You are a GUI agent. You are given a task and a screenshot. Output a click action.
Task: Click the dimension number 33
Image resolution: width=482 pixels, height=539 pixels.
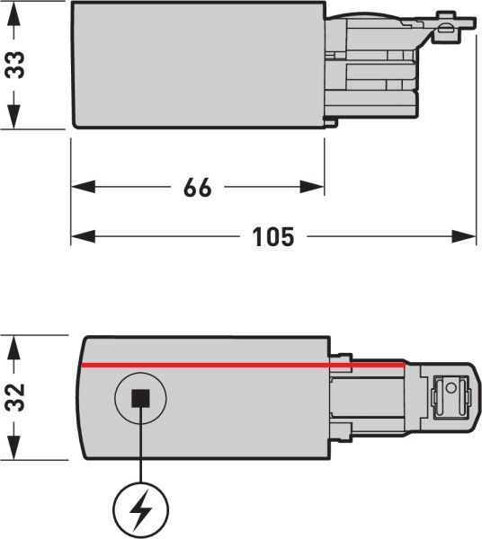click(16, 65)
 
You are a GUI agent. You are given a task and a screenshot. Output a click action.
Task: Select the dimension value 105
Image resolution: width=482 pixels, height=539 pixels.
click(273, 236)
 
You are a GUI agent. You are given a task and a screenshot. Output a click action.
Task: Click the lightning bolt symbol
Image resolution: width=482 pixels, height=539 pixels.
click(140, 510)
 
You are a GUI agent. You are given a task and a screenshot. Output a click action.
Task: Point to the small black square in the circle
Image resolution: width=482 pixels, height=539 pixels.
click(140, 398)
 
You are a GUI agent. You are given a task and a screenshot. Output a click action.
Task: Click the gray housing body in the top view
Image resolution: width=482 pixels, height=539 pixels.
click(198, 65)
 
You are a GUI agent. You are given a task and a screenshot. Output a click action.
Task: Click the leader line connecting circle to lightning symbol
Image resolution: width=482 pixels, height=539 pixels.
click(140, 454)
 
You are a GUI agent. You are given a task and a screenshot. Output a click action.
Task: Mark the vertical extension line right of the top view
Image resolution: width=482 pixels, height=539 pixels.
click(476, 135)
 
